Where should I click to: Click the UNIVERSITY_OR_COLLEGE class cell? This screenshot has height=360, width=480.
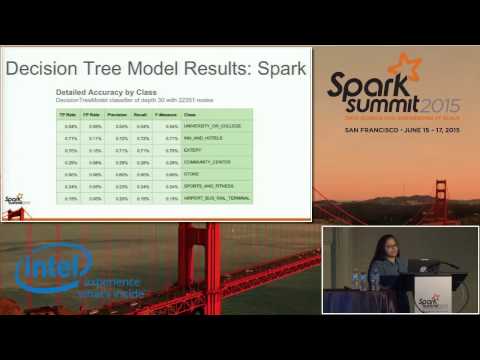[x=211, y=126]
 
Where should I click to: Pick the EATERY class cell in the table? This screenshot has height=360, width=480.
[x=189, y=149]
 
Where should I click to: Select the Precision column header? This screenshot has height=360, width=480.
[x=120, y=115]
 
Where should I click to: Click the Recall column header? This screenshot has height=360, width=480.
[x=145, y=115]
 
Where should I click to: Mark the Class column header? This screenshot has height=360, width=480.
[x=188, y=115]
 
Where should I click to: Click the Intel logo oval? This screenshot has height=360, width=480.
[x=52, y=269]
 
